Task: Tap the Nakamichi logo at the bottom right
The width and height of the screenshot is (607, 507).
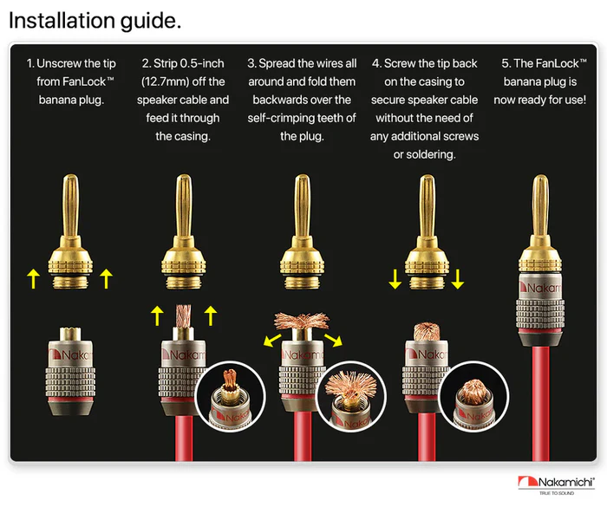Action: coord(557,485)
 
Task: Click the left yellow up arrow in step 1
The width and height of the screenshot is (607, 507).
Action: coord(34,279)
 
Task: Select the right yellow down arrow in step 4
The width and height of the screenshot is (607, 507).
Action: coord(458,279)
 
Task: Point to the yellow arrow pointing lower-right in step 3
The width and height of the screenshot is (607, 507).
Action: coord(333,340)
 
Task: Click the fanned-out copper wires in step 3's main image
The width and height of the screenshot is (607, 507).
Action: coord(302,321)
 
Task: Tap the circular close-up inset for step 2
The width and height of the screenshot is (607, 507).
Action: coord(231,397)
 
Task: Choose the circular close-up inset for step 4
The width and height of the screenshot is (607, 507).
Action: coord(473,397)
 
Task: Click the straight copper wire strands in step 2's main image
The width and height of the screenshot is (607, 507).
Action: coord(184,315)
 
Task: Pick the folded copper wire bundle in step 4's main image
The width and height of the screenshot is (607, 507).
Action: coord(427,332)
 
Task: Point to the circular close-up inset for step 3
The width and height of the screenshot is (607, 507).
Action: coord(351,397)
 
